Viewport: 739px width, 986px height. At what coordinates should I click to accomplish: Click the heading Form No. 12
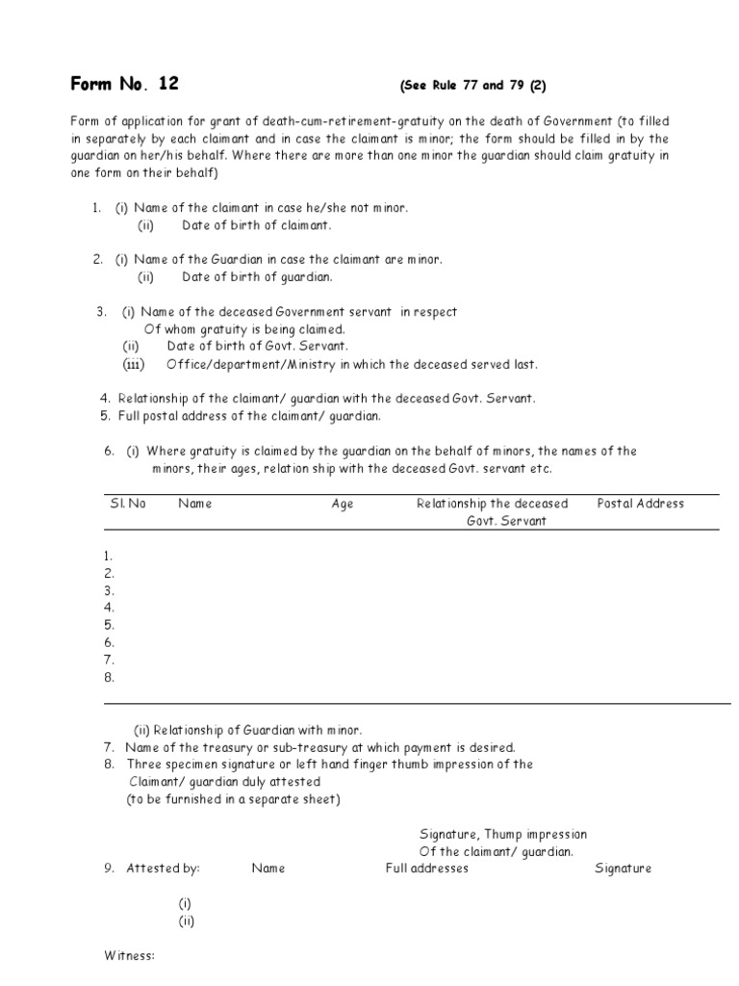[x=124, y=84]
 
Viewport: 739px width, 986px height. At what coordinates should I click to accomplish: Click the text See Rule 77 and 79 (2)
[x=472, y=86]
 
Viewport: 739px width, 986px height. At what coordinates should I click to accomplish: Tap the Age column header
[x=342, y=504]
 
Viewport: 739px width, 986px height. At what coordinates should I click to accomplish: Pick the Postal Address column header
[x=640, y=504]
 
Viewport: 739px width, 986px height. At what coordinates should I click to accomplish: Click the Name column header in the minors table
[x=194, y=504]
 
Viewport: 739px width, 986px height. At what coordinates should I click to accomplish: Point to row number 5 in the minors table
[x=109, y=625]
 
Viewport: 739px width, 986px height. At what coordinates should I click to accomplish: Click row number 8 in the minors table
[x=109, y=677]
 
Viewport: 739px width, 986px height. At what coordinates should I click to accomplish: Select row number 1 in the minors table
[x=109, y=556]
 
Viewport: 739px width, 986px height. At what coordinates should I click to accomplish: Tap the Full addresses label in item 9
[x=426, y=868]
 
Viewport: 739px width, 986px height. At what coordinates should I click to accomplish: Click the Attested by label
[x=163, y=868]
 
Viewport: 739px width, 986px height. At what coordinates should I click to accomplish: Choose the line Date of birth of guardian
[x=257, y=277]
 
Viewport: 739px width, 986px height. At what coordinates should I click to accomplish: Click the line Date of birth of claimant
[x=256, y=225]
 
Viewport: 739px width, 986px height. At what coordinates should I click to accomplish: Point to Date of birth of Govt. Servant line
[x=257, y=346]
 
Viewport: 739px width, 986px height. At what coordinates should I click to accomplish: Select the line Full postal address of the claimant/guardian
[x=249, y=416]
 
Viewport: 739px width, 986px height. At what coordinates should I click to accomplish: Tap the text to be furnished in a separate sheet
[x=233, y=799]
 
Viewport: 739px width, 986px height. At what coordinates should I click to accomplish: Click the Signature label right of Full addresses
[x=623, y=868]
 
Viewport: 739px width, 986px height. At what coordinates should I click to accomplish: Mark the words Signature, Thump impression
[x=502, y=834]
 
